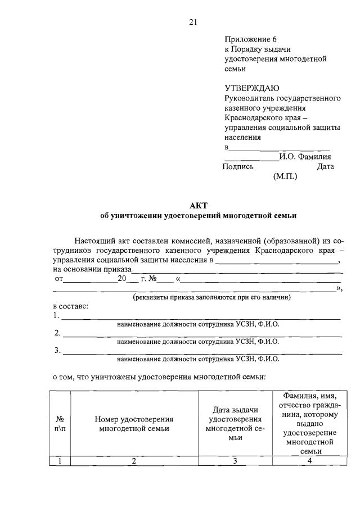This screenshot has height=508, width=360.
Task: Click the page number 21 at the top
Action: pos(193,22)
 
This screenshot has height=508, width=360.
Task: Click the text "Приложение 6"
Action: pos(251,39)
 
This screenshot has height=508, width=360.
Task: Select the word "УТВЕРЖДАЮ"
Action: pos(251,88)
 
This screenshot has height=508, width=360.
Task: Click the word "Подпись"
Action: pos(238,166)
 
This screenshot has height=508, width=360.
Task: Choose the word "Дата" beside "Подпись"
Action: pos(325,166)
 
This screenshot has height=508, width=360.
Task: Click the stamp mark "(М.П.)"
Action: pos(285,176)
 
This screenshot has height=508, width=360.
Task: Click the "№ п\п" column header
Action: pos(60,424)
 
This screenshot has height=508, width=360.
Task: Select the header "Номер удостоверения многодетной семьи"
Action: pos(134,424)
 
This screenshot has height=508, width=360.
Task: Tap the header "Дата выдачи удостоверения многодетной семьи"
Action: pos(235,424)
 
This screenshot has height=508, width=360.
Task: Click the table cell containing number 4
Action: pos(309,461)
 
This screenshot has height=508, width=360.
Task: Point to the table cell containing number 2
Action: pos(134,461)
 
